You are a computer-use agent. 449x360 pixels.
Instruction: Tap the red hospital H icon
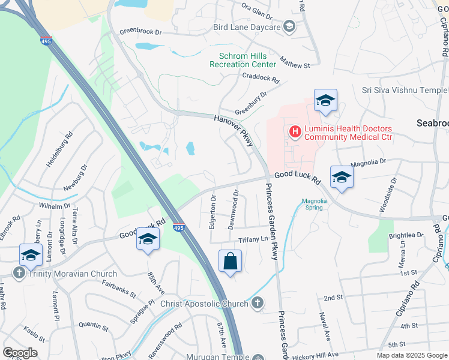295,131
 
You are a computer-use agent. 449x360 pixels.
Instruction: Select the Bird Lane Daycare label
247,28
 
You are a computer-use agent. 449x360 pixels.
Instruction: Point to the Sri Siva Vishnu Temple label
405,91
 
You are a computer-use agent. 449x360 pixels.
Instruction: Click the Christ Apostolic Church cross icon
257,304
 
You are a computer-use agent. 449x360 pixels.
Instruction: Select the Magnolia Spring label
312,205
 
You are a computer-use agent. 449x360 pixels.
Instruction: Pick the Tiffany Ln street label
253,239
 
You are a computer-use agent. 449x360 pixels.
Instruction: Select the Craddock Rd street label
261,78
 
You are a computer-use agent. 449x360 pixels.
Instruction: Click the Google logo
20,353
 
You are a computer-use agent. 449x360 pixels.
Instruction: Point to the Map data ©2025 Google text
411,355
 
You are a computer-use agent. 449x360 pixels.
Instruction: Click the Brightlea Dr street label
405,236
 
